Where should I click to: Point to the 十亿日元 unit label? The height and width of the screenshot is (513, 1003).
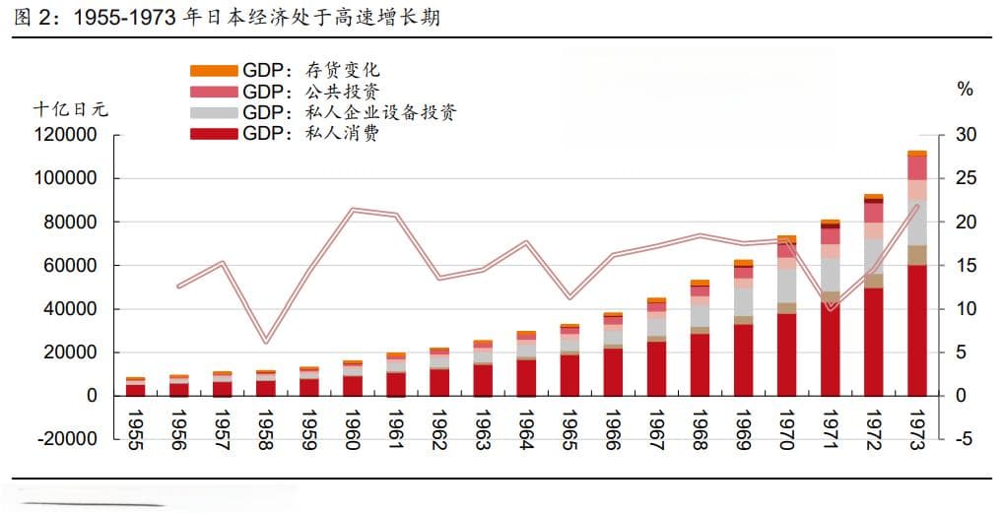click(x=71, y=109)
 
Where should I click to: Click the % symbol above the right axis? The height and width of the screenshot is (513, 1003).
click(x=965, y=90)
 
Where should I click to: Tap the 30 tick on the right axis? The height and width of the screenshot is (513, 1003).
click(x=966, y=135)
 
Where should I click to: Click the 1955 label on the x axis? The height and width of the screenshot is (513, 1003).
click(x=136, y=430)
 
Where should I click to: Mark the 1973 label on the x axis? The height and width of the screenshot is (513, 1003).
click(x=916, y=430)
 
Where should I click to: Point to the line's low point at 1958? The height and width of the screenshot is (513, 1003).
click(x=266, y=342)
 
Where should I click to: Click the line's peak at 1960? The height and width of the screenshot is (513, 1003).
click(x=353, y=209)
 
